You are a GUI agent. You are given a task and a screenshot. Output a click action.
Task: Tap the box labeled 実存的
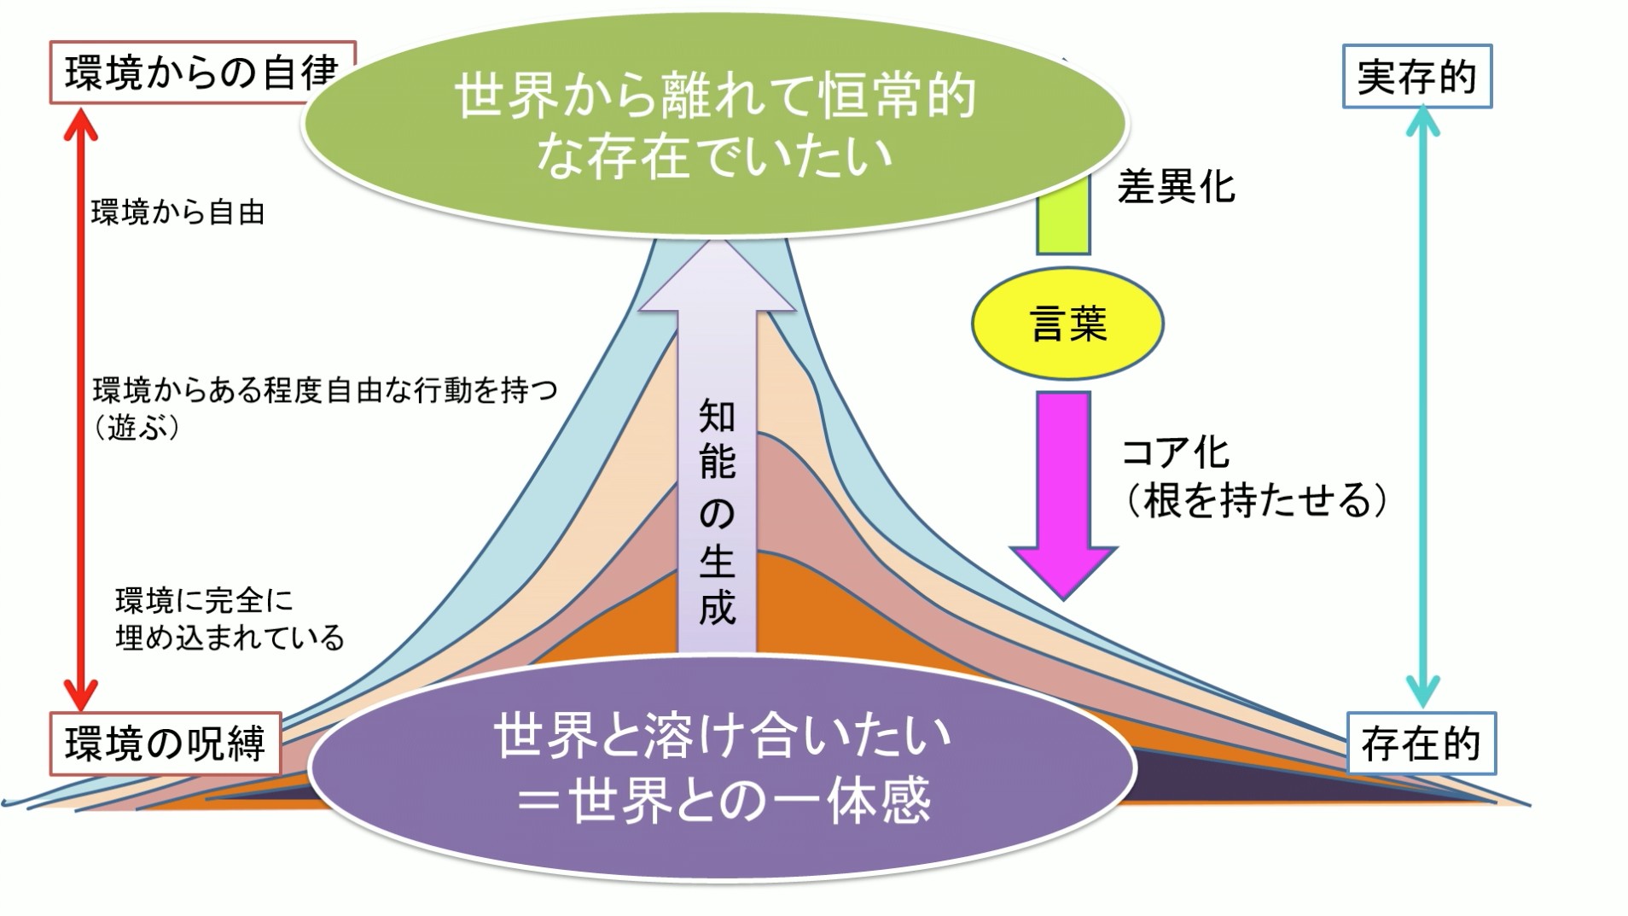click(x=1416, y=77)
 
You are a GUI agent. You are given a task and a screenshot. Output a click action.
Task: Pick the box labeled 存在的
click(x=1421, y=744)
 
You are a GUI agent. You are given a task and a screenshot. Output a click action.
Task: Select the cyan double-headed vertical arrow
click(x=1422, y=410)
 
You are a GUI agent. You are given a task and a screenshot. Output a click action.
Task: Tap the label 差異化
click(x=1176, y=186)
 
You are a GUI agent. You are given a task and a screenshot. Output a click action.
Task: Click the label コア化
click(x=1175, y=452)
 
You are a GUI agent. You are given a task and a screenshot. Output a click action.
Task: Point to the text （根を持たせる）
click(x=1255, y=500)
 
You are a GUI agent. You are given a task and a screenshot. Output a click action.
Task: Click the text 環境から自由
click(x=177, y=213)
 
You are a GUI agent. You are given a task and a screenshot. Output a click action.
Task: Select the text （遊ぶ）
click(x=137, y=428)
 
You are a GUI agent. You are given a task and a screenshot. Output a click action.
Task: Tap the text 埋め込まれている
click(x=230, y=638)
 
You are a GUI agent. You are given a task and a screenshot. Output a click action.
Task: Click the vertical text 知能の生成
click(x=717, y=512)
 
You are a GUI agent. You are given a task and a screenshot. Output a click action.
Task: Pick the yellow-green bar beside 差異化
click(x=1063, y=213)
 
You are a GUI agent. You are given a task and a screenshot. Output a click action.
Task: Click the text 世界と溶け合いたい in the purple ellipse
click(x=722, y=737)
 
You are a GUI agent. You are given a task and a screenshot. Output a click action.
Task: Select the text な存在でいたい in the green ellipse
click(x=713, y=156)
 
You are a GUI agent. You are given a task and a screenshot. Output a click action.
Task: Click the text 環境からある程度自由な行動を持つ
click(x=325, y=390)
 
